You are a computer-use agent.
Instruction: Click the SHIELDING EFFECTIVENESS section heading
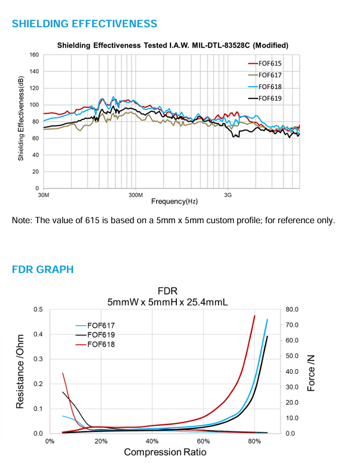(x=85, y=24)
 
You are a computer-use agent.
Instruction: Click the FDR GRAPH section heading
(x=43, y=269)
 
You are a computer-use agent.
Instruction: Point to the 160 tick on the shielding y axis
(x=34, y=55)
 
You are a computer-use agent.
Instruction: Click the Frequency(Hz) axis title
(x=174, y=201)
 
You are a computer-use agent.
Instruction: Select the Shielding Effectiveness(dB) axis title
(x=20, y=121)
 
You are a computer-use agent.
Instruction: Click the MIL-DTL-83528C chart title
(x=173, y=45)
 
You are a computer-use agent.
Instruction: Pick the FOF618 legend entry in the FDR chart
(x=101, y=344)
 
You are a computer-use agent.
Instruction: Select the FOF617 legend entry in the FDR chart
(x=101, y=325)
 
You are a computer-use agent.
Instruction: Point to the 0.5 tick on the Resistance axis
(x=38, y=309)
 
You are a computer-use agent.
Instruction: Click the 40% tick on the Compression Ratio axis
(x=152, y=441)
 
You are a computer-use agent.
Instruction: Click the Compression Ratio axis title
(x=165, y=452)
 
